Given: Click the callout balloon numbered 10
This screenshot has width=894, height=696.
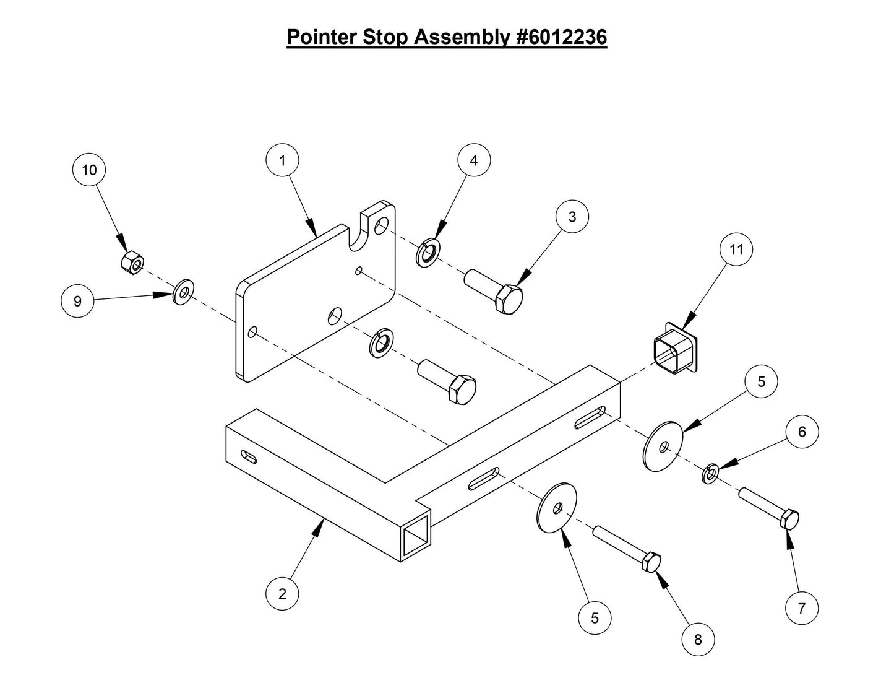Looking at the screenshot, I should click(89, 170).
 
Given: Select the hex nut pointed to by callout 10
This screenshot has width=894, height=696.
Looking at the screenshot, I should click(131, 263).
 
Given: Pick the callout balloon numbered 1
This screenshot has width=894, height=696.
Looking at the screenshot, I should click(282, 161).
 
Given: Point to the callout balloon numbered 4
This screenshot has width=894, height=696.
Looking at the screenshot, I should click(474, 160).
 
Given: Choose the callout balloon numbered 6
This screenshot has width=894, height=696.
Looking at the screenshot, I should click(802, 432).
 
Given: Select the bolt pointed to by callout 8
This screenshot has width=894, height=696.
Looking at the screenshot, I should click(627, 549).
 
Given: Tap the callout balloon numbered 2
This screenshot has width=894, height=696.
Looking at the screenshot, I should click(282, 594).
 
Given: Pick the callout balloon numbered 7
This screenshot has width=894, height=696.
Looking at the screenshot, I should click(802, 608).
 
